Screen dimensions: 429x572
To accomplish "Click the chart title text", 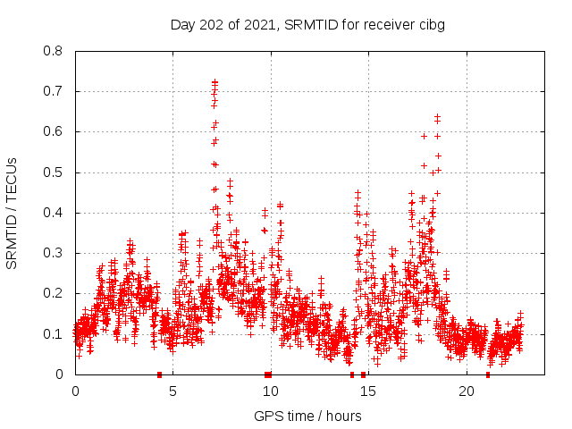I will [307, 24].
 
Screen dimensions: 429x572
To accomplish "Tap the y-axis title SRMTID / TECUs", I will [13, 213].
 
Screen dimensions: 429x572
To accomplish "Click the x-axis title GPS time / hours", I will [307, 416].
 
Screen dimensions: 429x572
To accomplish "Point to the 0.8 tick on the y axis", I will [55, 51].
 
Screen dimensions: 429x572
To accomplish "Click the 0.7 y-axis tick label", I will [55, 91].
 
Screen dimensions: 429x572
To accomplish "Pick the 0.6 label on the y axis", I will [55, 131].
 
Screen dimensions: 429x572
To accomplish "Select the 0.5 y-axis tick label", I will [55, 172].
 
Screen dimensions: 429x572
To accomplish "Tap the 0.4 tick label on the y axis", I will [55, 213].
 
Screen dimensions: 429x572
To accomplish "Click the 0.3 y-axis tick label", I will [55, 253].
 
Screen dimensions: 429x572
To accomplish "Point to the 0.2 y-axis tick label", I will [55, 293].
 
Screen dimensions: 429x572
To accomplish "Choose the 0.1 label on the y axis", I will [55, 334].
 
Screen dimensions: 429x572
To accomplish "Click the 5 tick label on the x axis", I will [172, 391].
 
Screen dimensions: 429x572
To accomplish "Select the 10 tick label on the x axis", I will [270, 391].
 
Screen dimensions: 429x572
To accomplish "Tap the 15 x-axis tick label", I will [368, 391].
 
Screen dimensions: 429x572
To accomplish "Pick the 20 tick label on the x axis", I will [466, 391].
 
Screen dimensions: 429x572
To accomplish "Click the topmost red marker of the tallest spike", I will [214, 81].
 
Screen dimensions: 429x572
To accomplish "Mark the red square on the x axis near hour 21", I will [487, 374].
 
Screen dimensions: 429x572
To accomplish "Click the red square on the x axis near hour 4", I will [159, 374].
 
